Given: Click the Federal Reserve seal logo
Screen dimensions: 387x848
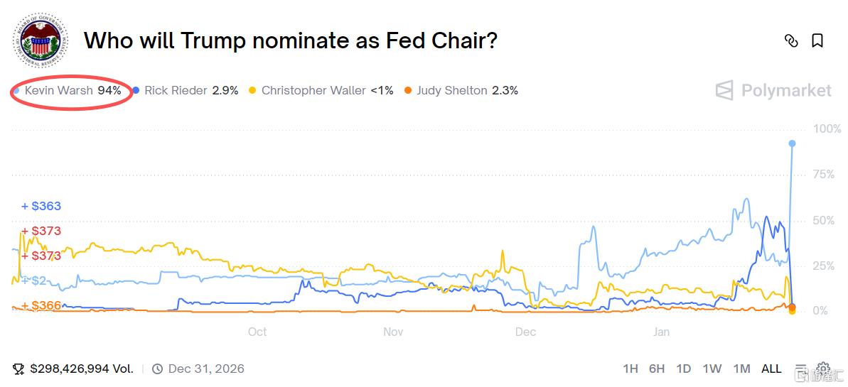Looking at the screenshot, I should point(41,41).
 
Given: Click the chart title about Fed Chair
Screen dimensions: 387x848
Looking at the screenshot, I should point(290,40).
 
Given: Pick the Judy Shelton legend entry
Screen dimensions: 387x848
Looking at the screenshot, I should point(461,90).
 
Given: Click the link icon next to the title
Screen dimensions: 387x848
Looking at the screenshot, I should point(790,40).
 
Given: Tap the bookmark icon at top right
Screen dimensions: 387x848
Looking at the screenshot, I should point(817,40).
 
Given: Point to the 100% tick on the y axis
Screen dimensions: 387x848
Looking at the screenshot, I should point(827,129).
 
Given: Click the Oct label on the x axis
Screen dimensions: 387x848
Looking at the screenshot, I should point(257,332).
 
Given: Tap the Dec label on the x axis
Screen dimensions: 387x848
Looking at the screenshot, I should point(525,332).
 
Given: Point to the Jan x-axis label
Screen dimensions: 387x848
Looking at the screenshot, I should point(661,332).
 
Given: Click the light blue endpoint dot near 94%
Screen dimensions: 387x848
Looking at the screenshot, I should point(792,143).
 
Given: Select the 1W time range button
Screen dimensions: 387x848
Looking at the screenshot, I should point(712,369).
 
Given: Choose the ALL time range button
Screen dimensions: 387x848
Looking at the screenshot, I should point(771,369).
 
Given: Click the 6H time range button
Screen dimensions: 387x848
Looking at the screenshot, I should point(657,369).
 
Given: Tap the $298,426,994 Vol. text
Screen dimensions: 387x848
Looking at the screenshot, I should point(82,369).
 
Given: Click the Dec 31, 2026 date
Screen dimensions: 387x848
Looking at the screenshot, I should point(206,369).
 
